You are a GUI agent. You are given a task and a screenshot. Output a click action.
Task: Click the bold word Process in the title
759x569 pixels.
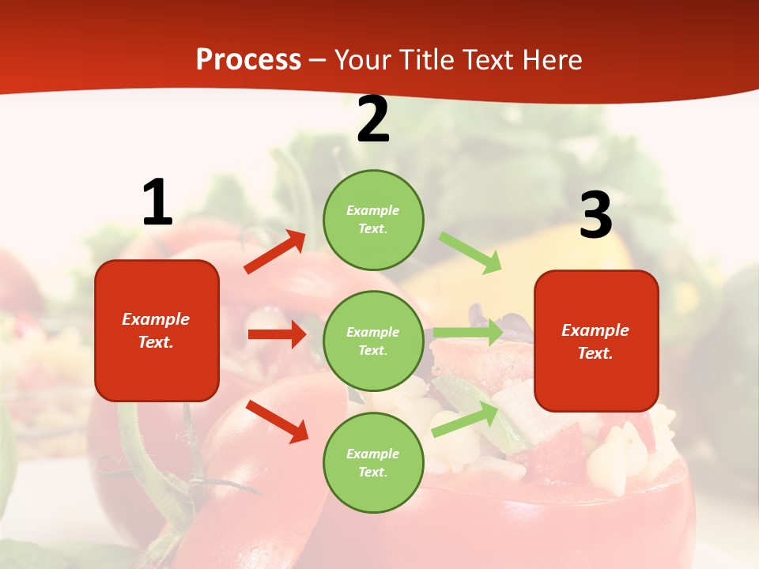click(x=248, y=59)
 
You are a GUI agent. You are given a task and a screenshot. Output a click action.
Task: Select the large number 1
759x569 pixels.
click(x=157, y=203)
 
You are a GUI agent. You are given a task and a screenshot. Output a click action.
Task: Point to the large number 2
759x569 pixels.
click(x=373, y=120)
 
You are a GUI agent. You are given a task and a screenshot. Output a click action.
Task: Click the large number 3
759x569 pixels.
click(x=595, y=215)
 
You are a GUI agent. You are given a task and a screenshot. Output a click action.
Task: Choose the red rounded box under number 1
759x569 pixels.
click(x=157, y=330)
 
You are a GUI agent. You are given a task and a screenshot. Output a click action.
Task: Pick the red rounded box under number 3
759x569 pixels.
click(x=596, y=341)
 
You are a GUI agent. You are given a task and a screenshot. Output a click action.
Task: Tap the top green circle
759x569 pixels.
click(x=373, y=220)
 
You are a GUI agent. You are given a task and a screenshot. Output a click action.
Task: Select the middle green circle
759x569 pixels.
click(x=373, y=341)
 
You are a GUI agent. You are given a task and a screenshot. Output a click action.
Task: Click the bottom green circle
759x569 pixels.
click(x=373, y=462)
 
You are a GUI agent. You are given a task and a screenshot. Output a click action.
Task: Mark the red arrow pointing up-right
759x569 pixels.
click(x=275, y=252)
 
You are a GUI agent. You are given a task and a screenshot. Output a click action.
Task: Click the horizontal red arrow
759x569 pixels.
click(x=277, y=334)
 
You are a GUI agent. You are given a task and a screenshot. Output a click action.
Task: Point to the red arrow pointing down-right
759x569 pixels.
click(x=277, y=420)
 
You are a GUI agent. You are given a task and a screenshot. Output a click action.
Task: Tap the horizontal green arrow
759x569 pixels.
click(x=467, y=332)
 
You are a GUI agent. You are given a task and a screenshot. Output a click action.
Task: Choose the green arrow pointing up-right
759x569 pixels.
click(x=465, y=420)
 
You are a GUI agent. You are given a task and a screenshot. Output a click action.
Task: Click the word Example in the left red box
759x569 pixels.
click(x=156, y=319)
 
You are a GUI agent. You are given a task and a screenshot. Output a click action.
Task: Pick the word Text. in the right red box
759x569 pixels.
click(x=595, y=353)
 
